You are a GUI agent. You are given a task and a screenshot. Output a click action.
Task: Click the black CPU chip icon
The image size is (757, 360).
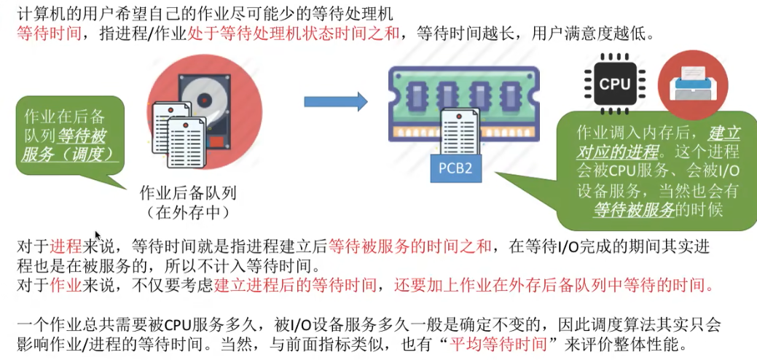coord(614,84)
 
